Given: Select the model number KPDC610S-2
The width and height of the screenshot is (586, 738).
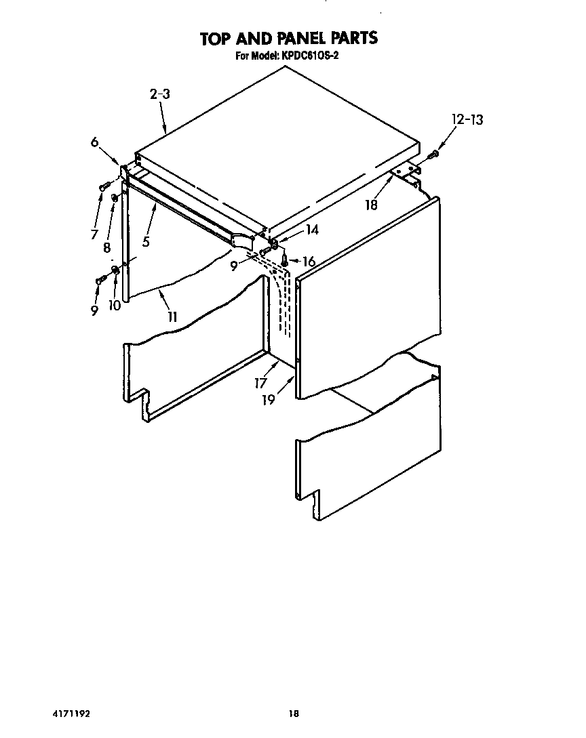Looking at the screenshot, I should (309, 56).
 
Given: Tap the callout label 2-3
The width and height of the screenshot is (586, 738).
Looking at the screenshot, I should (159, 95).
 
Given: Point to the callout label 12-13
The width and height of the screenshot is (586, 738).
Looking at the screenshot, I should (467, 120).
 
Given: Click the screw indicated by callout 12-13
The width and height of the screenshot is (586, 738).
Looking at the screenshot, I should (434, 154).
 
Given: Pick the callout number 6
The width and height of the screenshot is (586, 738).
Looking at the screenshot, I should (94, 142).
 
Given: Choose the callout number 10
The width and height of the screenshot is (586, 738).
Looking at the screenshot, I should (115, 306).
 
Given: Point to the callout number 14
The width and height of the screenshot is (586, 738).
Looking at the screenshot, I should (311, 230).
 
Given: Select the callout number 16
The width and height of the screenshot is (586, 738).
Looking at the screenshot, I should (309, 262).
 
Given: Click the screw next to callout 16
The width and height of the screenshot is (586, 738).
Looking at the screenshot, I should (286, 260).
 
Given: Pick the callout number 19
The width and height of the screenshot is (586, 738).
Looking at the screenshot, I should (269, 400).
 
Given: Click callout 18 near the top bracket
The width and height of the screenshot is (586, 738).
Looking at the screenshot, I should (372, 204).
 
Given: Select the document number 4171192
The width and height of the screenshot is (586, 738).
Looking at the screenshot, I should (71, 714).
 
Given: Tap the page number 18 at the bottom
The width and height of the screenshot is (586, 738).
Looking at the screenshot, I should (293, 714).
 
